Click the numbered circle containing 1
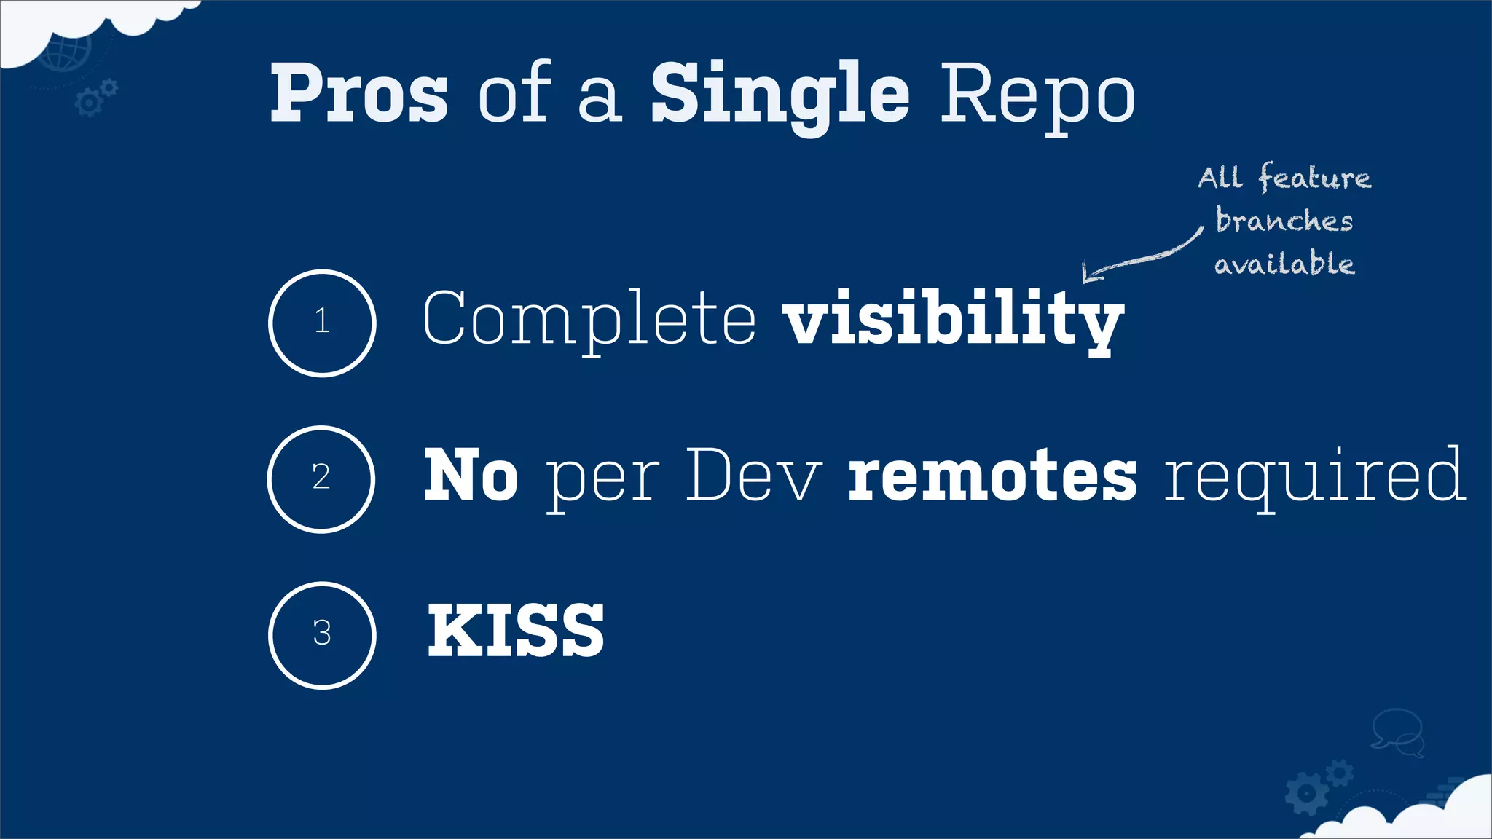(322, 323)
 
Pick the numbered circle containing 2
(321, 478)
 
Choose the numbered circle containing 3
(322, 634)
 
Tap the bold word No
(471, 476)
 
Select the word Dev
(753, 476)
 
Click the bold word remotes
(992, 476)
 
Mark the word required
(1314, 476)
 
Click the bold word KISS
(515, 631)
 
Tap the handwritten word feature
(1314, 178)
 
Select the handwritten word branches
(1284, 220)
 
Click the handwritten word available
(1284, 263)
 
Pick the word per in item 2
(602, 481)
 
